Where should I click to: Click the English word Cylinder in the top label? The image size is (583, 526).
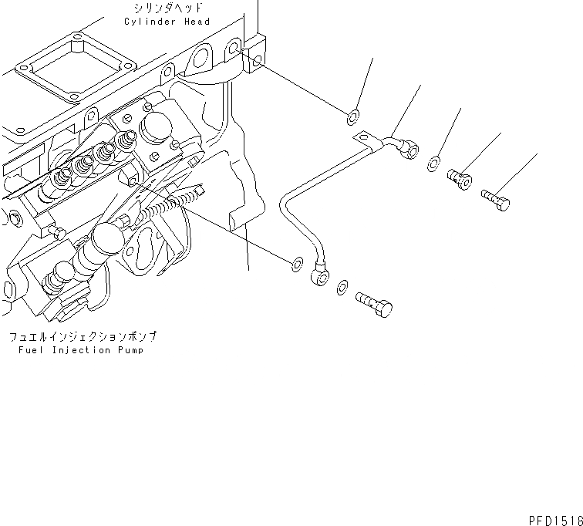tap(150, 22)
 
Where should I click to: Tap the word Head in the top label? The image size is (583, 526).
tap(197, 22)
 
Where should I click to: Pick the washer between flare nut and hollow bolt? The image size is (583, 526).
tap(435, 163)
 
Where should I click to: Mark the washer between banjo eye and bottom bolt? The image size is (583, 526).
tap(342, 288)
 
